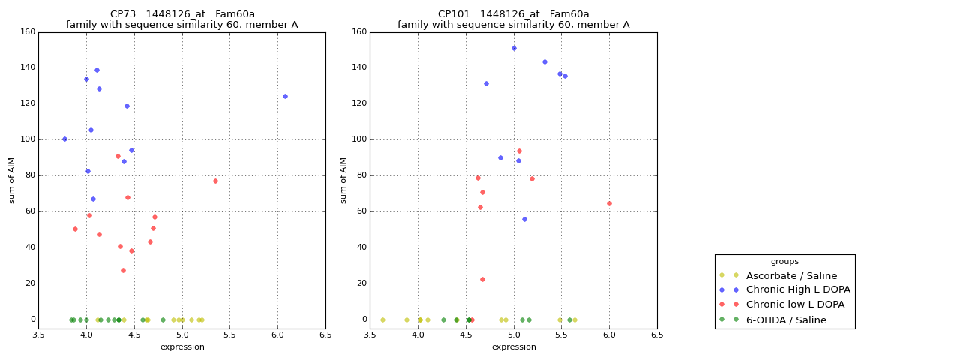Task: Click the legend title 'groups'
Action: [784, 262]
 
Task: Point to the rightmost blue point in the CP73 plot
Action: [285, 96]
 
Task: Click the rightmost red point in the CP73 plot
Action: [215, 181]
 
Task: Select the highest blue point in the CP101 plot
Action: [514, 48]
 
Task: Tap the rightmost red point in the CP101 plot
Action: [609, 203]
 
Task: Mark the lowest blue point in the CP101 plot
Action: [524, 219]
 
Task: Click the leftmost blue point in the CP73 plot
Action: [64, 139]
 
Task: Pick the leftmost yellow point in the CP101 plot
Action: [382, 319]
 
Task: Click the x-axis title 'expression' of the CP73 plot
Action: [182, 347]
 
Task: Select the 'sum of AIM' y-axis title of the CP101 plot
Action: [343, 180]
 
